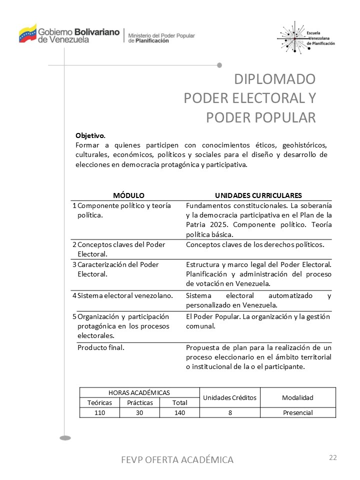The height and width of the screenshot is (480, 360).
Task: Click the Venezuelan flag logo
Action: pyautogui.click(x=27, y=33)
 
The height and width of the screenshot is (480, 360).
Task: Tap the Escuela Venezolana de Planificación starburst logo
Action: pyautogui.click(x=294, y=37)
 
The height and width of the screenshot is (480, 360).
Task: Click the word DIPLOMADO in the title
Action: pyautogui.click(x=275, y=79)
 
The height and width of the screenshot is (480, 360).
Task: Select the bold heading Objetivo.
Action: pyautogui.click(x=90, y=135)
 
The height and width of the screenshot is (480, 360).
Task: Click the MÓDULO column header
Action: pyautogui.click(x=128, y=195)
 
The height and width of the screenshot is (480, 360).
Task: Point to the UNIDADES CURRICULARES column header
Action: pyautogui.click(x=258, y=195)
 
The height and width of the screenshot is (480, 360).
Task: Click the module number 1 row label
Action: pyautogui.click(x=74, y=205)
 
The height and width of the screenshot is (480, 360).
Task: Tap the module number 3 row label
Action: pyautogui.click(x=74, y=264)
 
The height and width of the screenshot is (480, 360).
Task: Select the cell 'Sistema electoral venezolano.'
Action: pyautogui.click(x=125, y=295)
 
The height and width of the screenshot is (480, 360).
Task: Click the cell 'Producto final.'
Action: pyautogui.click(x=101, y=347)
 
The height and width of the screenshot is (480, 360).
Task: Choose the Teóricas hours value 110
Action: pyautogui.click(x=99, y=412)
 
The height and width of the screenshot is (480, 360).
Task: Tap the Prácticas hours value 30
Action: pyautogui.click(x=139, y=412)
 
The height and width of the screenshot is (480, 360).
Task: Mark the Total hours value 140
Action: pyautogui.click(x=179, y=412)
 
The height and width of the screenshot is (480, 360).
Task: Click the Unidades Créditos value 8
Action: pyautogui.click(x=230, y=412)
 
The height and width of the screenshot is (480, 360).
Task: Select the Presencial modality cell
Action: pyautogui.click(x=297, y=412)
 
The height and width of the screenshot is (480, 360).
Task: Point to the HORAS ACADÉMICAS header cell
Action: pyautogui.click(x=139, y=392)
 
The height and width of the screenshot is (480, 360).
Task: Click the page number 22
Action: pyautogui.click(x=333, y=457)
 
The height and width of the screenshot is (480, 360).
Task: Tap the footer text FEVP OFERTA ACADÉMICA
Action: pyautogui.click(x=177, y=459)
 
